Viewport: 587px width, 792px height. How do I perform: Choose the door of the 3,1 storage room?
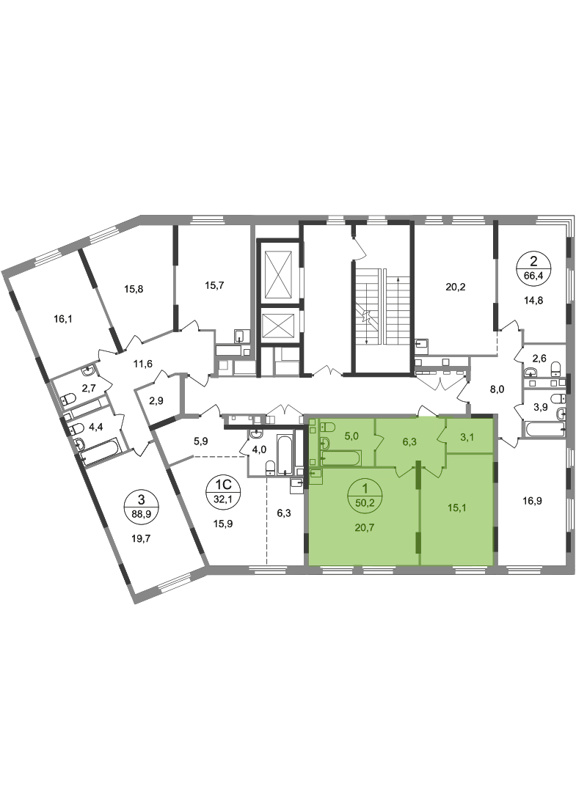442,438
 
